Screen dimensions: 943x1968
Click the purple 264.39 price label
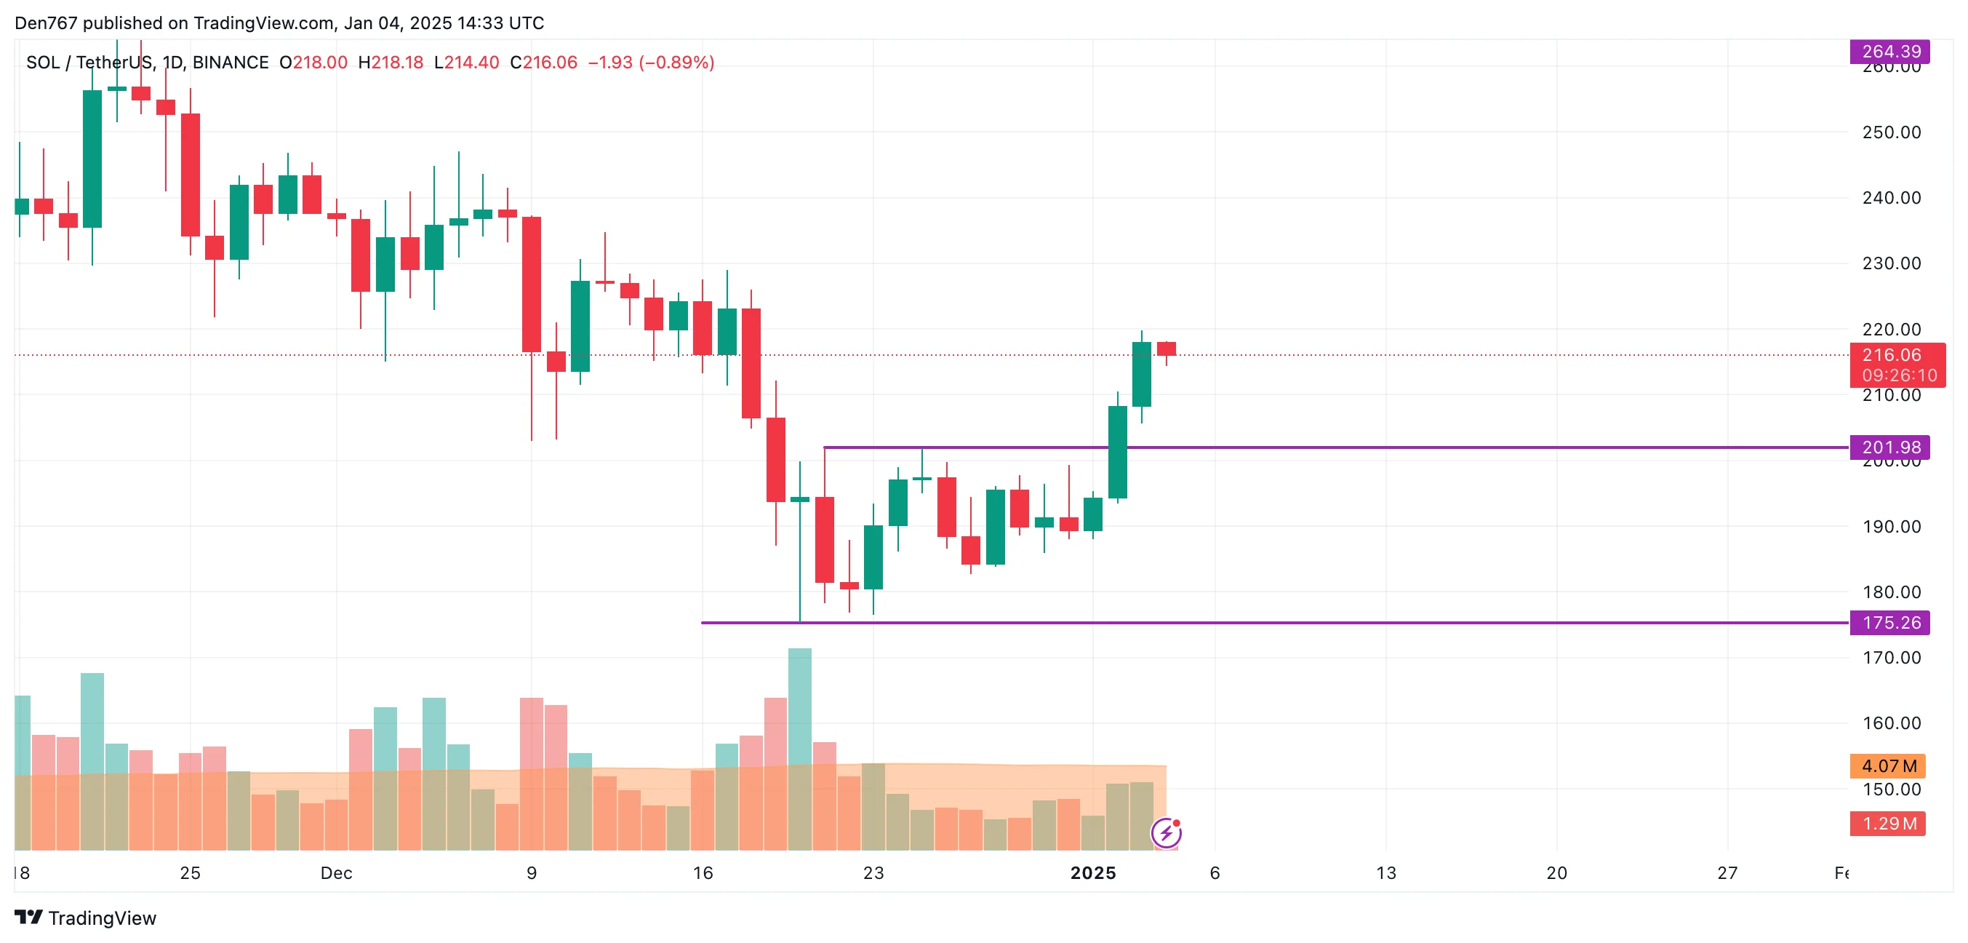point(1889,51)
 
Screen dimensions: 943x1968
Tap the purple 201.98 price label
point(1889,447)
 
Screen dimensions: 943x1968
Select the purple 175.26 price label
point(1889,622)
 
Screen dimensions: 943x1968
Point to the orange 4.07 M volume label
point(1887,765)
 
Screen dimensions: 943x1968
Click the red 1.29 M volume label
point(1887,823)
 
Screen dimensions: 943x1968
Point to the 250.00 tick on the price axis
point(1891,132)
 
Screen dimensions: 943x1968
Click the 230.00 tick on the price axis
point(1891,263)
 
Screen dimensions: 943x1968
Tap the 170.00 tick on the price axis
point(1891,657)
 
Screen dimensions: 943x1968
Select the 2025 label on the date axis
point(1092,872)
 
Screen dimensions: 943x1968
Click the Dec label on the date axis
point(336,872)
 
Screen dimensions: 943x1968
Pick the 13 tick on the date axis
point(1386,872)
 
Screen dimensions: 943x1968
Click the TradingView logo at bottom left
point(86,917)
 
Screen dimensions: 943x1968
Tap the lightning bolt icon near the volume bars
point(1167,832)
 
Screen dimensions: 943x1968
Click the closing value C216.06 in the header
point(544,63)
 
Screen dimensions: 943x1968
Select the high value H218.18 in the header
point(391,63)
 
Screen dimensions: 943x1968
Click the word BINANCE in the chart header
point(231,63)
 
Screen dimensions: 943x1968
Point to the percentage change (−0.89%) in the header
point(676,63)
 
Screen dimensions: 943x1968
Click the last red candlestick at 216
point(1166,349)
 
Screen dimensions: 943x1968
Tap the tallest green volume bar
point(799,749)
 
